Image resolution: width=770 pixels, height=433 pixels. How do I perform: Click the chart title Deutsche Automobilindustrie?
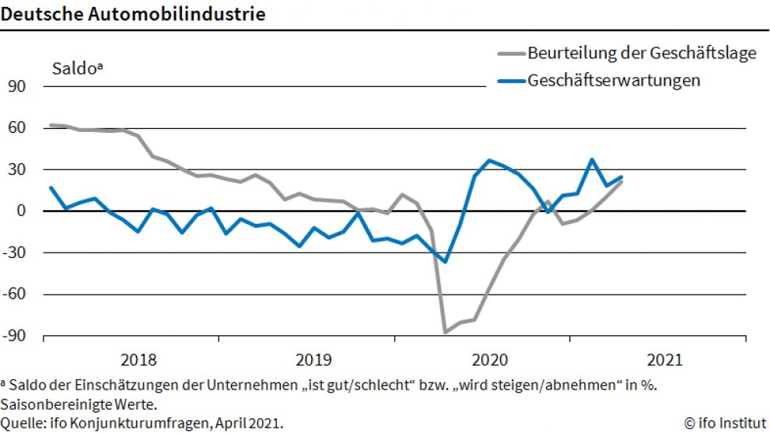132,14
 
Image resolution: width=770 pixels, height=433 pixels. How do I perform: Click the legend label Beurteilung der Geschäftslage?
642,54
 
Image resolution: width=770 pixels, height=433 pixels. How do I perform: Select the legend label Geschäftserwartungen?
614,80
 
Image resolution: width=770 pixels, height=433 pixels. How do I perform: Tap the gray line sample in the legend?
510,54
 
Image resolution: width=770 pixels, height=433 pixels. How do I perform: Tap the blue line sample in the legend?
510,81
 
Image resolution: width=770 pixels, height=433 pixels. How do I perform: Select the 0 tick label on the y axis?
22,211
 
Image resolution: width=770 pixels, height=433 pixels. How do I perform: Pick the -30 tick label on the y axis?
16,253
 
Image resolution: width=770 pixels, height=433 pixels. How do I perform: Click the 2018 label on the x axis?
138,360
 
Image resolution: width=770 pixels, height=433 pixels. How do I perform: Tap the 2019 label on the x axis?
313,360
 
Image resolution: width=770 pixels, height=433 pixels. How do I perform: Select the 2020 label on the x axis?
489,360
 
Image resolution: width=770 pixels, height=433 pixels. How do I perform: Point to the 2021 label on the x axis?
665,360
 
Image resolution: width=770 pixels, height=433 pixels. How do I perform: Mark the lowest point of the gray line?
446,332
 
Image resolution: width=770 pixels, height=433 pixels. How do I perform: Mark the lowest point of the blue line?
446,261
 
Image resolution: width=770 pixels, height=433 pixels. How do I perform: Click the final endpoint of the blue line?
621,177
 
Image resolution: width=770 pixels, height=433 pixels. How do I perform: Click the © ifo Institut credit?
725,424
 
